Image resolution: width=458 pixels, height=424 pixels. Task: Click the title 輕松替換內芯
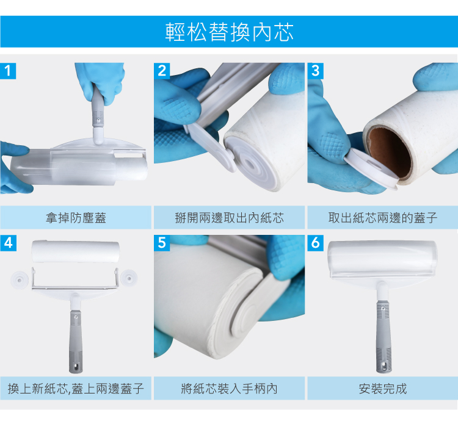click(229, 32)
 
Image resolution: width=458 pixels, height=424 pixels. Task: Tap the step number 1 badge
click(8, 71)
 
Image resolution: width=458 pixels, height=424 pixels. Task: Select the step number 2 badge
click(162, 71)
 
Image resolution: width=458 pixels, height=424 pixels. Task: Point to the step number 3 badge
click(316, 71)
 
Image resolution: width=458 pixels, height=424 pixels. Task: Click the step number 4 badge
click(8, 243)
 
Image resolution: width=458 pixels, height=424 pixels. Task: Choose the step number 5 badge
click(162, 243)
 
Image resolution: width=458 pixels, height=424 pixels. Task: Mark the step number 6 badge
click(316, 243)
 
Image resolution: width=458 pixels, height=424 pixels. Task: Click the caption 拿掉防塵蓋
click(76, 218)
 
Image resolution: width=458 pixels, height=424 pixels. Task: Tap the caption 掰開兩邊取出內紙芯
click(229, 218)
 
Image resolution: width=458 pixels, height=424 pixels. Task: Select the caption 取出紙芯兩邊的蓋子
click(383, 218)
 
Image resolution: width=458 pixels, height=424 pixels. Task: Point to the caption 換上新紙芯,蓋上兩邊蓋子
click(76, 389)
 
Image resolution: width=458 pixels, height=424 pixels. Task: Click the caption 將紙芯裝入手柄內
click(229, 389)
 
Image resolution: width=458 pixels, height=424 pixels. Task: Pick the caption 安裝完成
click(383, 389)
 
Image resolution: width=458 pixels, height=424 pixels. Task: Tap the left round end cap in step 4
click(20, 279)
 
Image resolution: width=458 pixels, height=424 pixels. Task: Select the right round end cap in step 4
click(129, 278)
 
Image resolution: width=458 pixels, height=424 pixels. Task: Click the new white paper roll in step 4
click(76, 251)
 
